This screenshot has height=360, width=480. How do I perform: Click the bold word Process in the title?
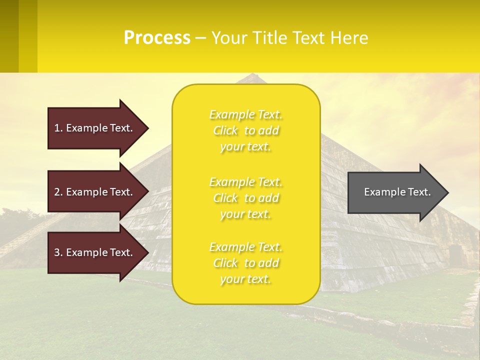[x=157, y=38]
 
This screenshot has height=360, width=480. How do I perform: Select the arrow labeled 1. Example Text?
[x=95, y=128]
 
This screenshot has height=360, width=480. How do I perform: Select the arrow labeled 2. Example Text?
[x=95, y=192]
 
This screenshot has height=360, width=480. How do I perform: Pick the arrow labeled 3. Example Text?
[x=95, y=252]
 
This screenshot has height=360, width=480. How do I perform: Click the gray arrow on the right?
[x=395, y=192]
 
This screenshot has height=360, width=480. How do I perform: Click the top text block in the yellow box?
[x=246, y=130]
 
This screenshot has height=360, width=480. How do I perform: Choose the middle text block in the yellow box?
[x=246, y=198]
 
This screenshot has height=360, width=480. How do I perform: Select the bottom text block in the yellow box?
[x=246, y=263]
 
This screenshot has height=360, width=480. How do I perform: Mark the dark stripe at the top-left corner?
[x=9, y=36]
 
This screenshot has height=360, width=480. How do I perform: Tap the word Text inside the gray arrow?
[x=418, y=192]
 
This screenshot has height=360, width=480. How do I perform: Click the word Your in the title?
[x=228, y=38]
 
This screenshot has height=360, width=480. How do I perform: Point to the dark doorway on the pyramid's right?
[x=455, y=255]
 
